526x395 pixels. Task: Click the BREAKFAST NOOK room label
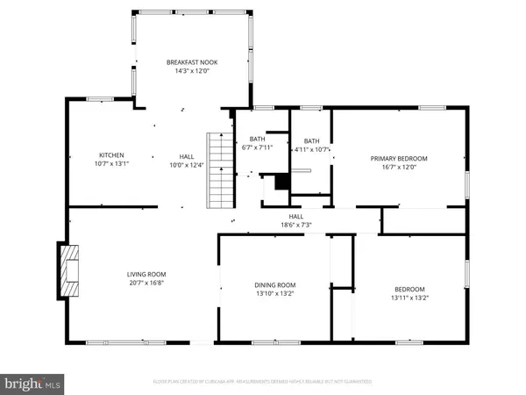click(x=192, y=62)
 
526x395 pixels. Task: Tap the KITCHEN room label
click(x=111, y=155)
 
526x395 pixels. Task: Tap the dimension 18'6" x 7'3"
click(x=295, y=225)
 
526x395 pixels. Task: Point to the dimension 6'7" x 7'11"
click(x=257, y=147)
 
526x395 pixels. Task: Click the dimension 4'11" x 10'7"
click(x=311, y=149)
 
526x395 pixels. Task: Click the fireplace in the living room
click(x=68, y=272)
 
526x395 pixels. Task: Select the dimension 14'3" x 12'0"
click(x=192, y=71)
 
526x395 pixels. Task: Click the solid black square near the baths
click(x=281, y=182)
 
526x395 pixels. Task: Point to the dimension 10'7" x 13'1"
click(x=111, y=164)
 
